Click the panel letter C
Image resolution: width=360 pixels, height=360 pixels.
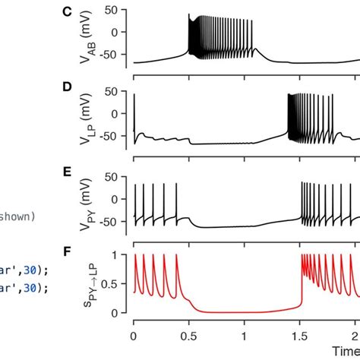(68, 13)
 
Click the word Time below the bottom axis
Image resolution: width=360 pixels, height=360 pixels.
(346, 350)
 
